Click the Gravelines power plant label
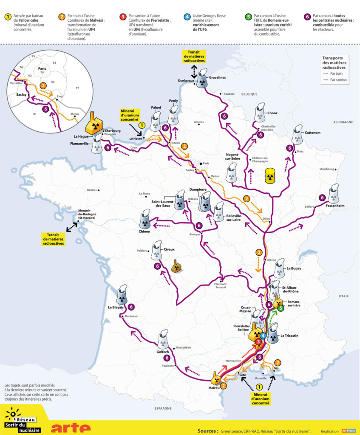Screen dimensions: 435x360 (217, 78)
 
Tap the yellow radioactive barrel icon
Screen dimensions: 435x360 (270, 176)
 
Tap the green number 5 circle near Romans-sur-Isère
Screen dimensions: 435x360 (281, 308)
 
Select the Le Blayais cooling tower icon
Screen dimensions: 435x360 (122, 294)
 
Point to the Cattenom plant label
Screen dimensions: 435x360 (312, 133)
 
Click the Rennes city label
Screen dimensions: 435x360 (92, 189)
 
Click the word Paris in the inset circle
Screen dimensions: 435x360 (42, 68)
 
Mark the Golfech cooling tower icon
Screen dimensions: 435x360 (163, 339)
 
